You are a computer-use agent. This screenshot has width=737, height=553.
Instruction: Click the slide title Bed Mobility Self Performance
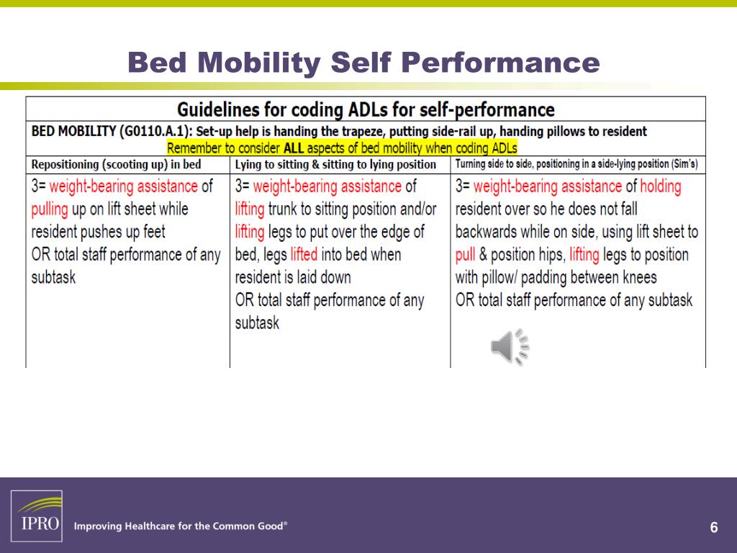(x=363, y=63)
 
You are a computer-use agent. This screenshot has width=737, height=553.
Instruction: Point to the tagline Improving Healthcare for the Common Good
(x=180, y=526)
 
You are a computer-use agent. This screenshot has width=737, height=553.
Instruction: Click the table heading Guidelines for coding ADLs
(x=366, y=109)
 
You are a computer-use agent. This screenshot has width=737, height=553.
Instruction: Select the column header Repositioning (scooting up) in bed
(x=117, y=164)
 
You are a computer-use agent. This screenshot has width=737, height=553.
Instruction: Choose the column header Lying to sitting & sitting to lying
(x=335, y=164)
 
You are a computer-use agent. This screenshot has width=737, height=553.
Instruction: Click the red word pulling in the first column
(x=50, y=210)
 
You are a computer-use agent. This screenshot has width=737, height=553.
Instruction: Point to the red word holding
(x=660, y=186)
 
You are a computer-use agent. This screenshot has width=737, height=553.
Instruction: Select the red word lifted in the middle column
(x=304, y=255)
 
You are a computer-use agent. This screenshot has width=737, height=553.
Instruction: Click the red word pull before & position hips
(x=465, y=255)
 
